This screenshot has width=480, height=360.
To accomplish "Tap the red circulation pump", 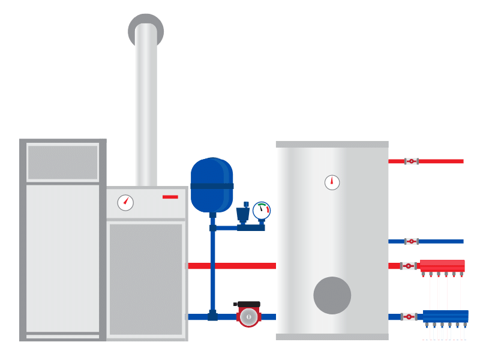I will pos(248,316).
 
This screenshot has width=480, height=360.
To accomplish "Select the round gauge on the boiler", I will pos(125,203).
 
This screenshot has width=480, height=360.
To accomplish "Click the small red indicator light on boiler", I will pos(170,197).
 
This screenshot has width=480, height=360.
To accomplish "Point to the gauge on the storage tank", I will pos(332,182).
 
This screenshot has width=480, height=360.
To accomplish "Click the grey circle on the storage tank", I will pos(332,295).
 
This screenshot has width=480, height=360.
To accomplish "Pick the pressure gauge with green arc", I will pos(262,211).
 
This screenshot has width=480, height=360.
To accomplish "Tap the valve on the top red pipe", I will pos(411,161).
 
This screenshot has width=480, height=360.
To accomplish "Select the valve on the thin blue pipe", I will pos(411,241).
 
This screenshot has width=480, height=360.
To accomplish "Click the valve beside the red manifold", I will pos(409,266).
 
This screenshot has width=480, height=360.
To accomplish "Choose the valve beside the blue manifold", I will pos(409,317).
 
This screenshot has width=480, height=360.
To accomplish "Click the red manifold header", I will pos(442,265).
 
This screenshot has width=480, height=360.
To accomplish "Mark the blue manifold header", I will pos(445,316).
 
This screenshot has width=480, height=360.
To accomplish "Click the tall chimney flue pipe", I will pos(146,108).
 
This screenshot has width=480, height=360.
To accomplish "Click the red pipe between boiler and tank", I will pos(240,266).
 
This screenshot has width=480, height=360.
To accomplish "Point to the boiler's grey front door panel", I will pos(146,279).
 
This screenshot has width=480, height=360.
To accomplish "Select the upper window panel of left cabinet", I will pos(62,163).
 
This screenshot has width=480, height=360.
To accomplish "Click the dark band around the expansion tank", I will pos(211,186).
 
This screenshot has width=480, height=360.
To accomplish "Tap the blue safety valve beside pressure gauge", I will pos(242,214).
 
